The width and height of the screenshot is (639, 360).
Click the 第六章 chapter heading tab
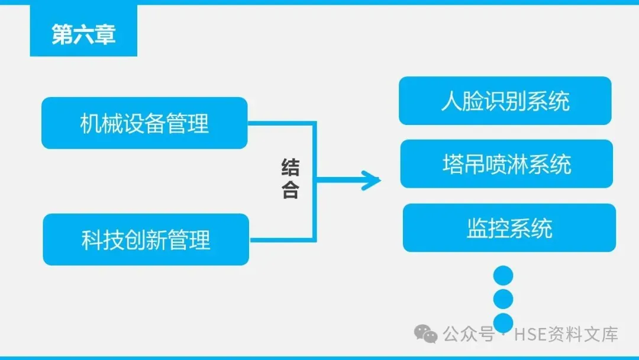83,34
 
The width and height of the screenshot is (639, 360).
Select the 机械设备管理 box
144,123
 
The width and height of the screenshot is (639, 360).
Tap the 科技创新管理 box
146,240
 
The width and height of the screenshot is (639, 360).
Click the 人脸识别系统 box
505,101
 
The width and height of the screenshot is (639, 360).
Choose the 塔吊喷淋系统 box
506,164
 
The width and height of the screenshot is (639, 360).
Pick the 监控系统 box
509,228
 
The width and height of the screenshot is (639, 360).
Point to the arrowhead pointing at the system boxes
372,181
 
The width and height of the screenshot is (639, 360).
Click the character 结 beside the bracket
290,168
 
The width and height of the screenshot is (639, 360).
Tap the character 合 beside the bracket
290,191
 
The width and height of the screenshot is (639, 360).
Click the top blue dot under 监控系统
503,276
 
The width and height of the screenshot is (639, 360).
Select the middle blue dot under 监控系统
503,299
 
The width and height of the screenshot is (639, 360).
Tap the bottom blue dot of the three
503,323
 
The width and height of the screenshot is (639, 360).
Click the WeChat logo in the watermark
427,335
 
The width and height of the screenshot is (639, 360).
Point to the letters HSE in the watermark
528,335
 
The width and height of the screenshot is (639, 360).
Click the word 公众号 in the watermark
469,335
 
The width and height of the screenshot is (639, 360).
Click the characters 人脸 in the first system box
460,101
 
